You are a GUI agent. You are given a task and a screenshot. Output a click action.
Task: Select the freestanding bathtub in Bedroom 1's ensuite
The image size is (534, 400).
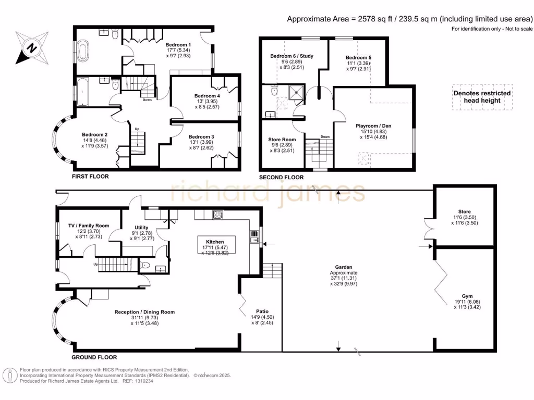[82, 51]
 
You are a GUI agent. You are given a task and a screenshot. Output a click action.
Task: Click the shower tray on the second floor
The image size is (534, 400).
[296, 92]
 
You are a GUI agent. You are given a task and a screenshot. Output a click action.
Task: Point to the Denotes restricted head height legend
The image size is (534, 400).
[482, 97]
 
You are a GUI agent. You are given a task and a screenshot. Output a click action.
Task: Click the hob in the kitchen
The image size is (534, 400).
[218, 215]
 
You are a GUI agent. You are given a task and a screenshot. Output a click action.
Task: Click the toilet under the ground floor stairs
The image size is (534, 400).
[145, 266]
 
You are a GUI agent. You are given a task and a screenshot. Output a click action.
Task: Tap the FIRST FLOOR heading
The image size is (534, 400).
[90, 176]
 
